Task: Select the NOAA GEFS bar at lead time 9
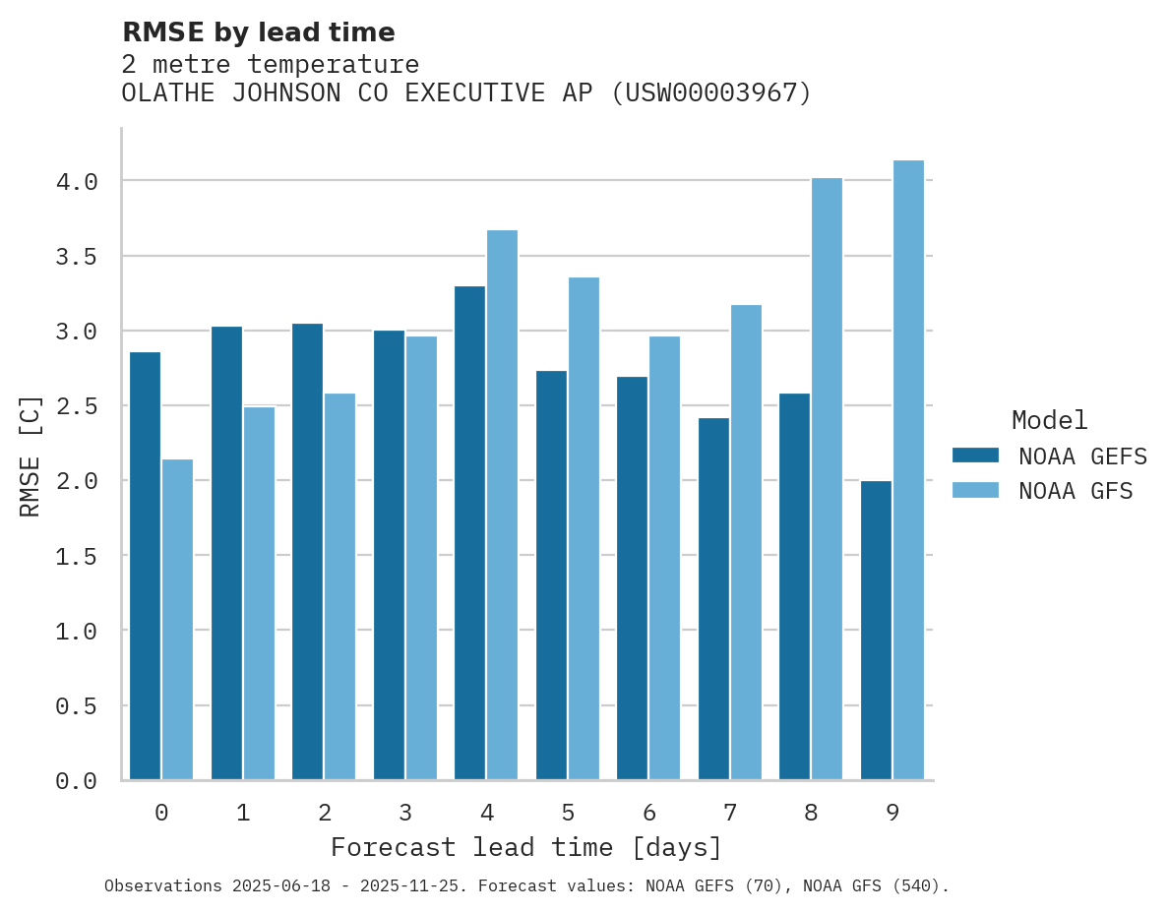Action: click(876, 630)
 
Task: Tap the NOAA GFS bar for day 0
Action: click(177, 620)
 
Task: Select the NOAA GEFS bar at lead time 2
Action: click(307, 551)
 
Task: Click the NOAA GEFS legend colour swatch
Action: click(975, 456)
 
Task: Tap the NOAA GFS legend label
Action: click(1076, 491)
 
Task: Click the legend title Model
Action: click(1049, 420)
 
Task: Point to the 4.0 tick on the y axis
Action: click(76, 182)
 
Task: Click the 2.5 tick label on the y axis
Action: click(76, 406)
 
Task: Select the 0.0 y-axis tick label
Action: click(76, 781)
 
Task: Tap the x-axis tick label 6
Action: click(648, 813)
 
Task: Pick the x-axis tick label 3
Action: click(404, 813)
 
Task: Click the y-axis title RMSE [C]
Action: click(31, 456)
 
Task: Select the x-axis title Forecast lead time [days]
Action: click(526, 847)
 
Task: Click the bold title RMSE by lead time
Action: click(258, 32)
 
